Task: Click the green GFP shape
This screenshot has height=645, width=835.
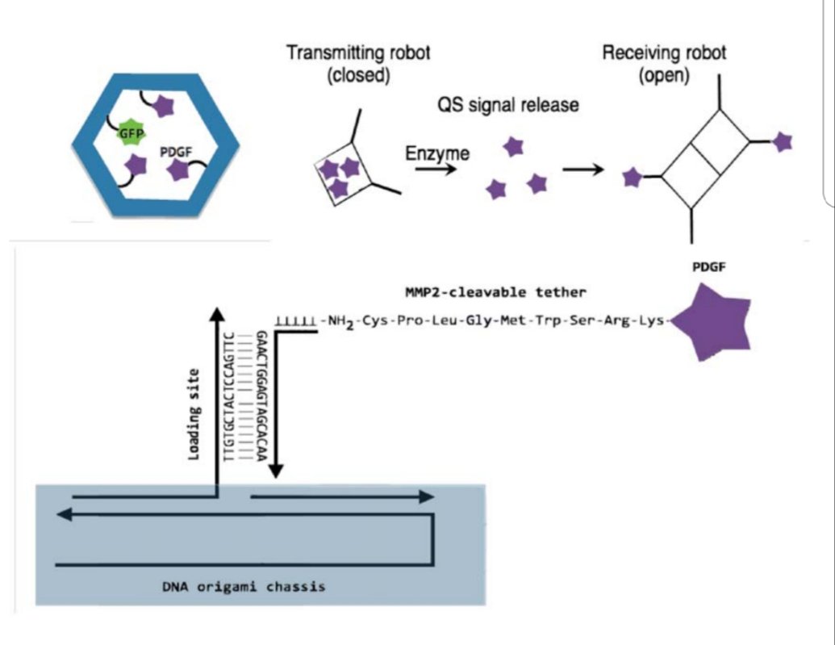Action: pos(131,132)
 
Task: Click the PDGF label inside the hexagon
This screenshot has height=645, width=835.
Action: pos(176,153)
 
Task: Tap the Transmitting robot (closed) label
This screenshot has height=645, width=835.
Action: pos(358,64)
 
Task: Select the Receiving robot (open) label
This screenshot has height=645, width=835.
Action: pos(664,64)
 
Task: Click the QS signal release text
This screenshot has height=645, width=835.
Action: pos(508,104)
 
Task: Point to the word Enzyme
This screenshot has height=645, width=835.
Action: pos(437,153)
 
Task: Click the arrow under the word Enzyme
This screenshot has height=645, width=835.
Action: pos(436,170)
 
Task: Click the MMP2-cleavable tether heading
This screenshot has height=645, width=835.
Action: pos(495,292)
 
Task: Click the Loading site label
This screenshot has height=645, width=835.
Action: pos(194,415)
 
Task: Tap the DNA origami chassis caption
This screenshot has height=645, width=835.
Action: pos(244,587)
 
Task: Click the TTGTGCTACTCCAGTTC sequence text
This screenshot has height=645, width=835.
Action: pos(229,396)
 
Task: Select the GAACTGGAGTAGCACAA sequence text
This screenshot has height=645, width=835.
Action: pos(261,396)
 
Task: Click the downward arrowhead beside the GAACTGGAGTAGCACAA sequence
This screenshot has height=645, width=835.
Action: pos(275,470)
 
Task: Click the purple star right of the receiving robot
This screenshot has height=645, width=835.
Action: pos(783,142)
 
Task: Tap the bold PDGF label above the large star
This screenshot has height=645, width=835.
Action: pos(709,267)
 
